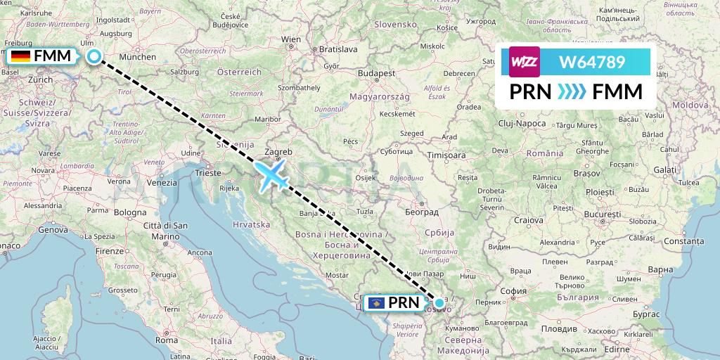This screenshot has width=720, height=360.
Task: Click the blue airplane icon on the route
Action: (273, 176)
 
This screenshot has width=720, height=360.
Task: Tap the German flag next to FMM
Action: (20, 56)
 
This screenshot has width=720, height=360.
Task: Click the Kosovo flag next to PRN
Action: (376, 303)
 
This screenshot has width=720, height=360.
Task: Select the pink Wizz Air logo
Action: (525, 62)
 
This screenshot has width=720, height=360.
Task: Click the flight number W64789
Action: (591, 62)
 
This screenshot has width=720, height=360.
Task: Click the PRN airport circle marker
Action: (439, 303)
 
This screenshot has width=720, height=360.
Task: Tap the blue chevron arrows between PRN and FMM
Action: (572, 92)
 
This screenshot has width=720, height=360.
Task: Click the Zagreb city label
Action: (278, 150)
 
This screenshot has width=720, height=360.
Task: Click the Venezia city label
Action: (162, 182)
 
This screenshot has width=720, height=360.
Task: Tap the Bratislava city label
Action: (334, 50)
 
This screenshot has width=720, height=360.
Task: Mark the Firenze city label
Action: (110, 250)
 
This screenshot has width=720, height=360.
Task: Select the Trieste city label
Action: (207, 172)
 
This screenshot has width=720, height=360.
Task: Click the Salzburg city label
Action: (185, 72)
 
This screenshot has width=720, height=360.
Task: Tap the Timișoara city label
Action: (448, 154)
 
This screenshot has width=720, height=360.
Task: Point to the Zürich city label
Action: (39, 80)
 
